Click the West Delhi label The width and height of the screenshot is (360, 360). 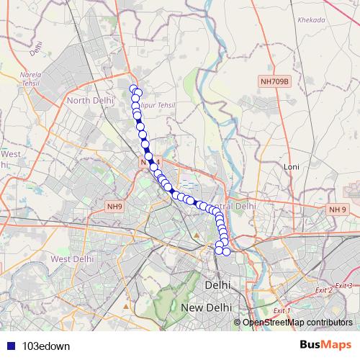point(72,258)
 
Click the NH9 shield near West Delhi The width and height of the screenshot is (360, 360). point(114,207)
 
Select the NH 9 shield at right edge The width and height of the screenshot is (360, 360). point(337,210)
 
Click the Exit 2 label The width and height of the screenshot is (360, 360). point(323,289)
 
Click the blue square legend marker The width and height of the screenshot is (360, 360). point(9,345)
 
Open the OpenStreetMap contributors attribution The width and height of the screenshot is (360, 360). point(297,322)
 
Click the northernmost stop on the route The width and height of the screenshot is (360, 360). point(133,89)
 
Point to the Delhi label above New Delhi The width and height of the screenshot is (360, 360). point(217,284)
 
